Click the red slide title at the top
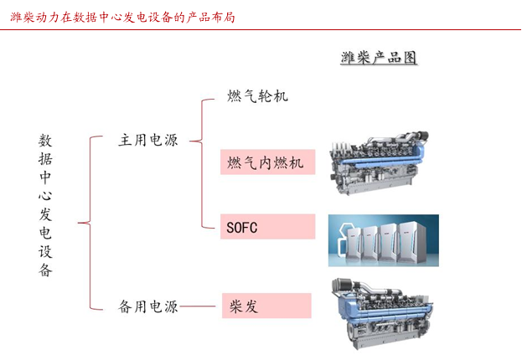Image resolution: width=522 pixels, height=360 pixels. (122, 17)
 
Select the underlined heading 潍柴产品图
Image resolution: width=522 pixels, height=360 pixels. (379, 58)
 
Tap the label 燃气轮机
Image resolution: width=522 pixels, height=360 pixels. (257, 95)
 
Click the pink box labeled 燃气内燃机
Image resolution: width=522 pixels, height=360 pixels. (267, 162)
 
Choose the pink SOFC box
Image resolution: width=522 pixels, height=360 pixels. (267, 227)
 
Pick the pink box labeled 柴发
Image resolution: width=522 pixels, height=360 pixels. (266, 306)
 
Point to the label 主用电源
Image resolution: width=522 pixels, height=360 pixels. (148, 140)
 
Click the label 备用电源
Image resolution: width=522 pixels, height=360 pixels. (148, 306)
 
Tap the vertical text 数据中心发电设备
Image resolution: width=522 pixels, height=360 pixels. (45, 205)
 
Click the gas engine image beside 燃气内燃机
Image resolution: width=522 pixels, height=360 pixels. (379, 163)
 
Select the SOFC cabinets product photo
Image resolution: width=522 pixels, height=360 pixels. (384, 240)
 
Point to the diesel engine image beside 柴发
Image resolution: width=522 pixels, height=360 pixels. (382, 313)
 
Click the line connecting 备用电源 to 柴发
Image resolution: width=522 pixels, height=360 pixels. (198, 306)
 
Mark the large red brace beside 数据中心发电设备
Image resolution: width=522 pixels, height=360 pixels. (90, 223)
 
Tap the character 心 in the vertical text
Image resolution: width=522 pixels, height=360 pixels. (45, 195)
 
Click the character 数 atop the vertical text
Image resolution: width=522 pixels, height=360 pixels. (45, 141)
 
